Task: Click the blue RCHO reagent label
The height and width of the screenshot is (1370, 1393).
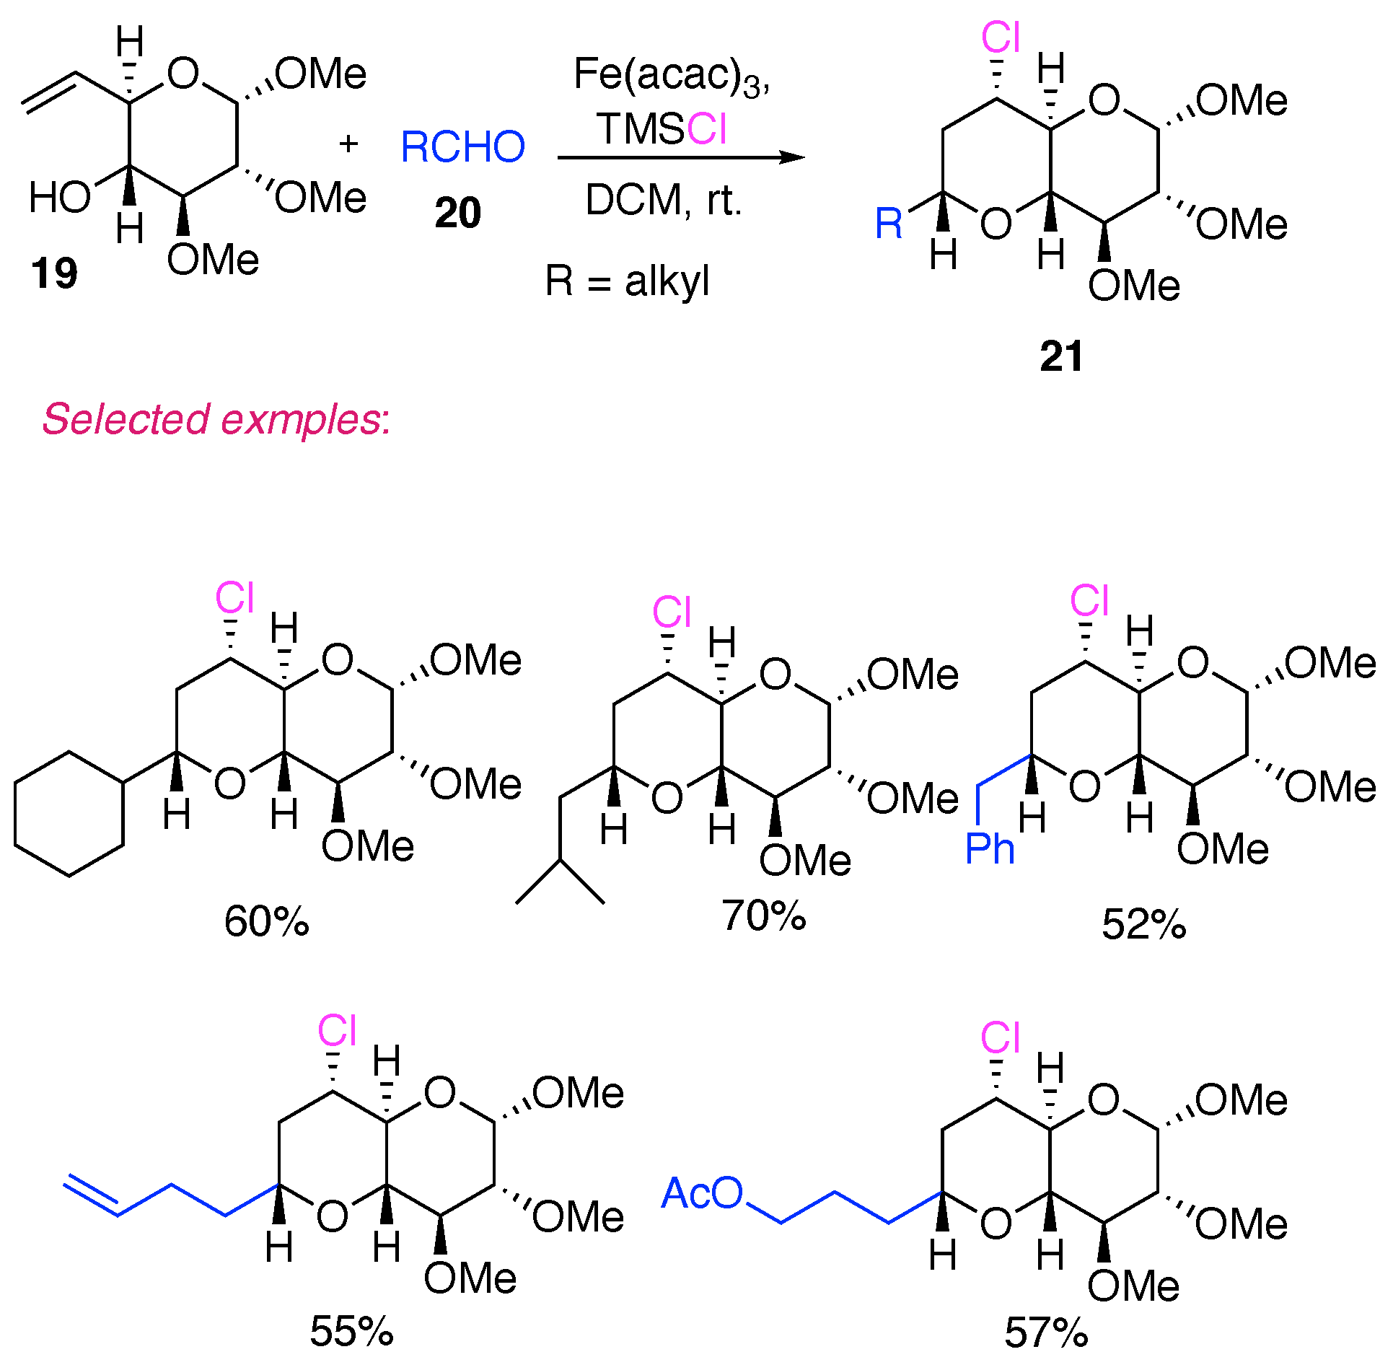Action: click(462, 146)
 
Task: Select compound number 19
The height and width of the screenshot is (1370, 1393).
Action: click(53, 273)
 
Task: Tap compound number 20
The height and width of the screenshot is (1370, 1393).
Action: click(457, 213)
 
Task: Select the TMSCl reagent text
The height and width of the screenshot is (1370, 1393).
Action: click(662, 129)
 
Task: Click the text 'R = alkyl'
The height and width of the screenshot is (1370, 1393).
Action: click(627, 281)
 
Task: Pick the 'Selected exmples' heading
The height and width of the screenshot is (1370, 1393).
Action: click(216, 419)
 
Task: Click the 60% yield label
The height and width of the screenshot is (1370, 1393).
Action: click(266, 922)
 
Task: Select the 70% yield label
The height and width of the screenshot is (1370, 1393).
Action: click(764, 915)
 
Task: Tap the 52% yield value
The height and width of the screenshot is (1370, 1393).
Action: click(1143, 924)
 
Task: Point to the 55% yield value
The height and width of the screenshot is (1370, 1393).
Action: click(351, 1331)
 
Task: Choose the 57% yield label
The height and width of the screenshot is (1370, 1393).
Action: click(1046, 1332)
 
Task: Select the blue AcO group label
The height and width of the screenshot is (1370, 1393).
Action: click(702, 1193)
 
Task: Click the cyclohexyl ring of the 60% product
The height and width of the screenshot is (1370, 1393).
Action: click(69, 814)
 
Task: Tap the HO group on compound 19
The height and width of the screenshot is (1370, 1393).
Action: click(60, 197)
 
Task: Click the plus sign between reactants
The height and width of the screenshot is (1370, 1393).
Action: click(348, 144)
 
